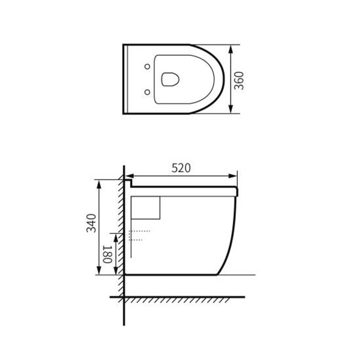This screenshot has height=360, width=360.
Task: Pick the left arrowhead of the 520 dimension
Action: coord(127,176)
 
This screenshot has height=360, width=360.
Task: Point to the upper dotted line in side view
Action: coord(139,231)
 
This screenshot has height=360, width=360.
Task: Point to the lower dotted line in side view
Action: coord(136,240)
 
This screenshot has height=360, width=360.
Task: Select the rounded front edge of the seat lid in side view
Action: coord(239,191)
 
